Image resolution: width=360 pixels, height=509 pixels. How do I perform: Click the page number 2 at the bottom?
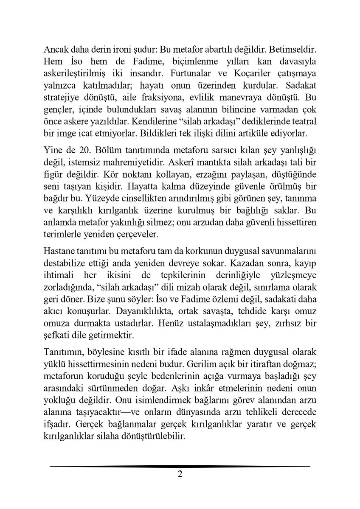coord(180,474)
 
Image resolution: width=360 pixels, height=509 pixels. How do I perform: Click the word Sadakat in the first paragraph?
coord(295,84)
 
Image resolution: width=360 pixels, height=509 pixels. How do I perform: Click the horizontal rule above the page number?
coord(180,466)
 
